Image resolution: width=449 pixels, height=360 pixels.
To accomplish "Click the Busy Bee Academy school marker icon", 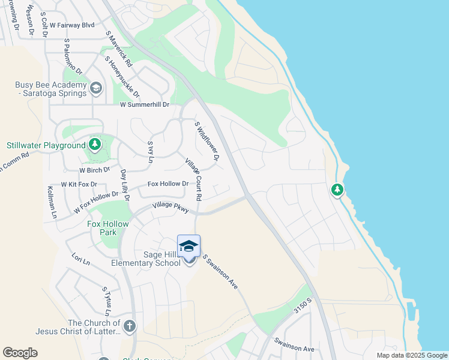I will point(95,89).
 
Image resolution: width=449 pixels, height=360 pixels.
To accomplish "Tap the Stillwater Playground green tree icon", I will point(95,145).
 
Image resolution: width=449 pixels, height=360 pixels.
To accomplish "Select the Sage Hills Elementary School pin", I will point(188,248).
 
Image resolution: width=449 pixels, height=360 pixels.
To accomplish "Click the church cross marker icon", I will point(130,326).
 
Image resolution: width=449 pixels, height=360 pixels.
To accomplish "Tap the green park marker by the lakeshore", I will point(337,190).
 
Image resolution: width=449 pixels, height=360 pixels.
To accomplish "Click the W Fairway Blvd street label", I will point(73,25).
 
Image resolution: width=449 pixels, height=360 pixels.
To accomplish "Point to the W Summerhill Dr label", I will point(145,104).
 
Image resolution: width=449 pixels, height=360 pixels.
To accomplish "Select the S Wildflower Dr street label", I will point(206,141).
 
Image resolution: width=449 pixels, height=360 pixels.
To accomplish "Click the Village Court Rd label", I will point(193,180).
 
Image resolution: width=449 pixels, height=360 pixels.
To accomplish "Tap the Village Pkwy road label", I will point(170,206).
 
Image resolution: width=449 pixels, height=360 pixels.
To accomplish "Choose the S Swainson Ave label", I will point(220,272).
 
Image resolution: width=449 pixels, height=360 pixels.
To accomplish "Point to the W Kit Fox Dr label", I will point(79,184).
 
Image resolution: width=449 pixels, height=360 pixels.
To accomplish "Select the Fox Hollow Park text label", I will point(108,228).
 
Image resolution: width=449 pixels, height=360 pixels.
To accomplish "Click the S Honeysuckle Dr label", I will point(122,76).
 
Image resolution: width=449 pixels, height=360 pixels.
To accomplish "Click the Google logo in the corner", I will point(20,353).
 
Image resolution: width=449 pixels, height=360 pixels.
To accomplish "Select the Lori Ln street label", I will point(80,262).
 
